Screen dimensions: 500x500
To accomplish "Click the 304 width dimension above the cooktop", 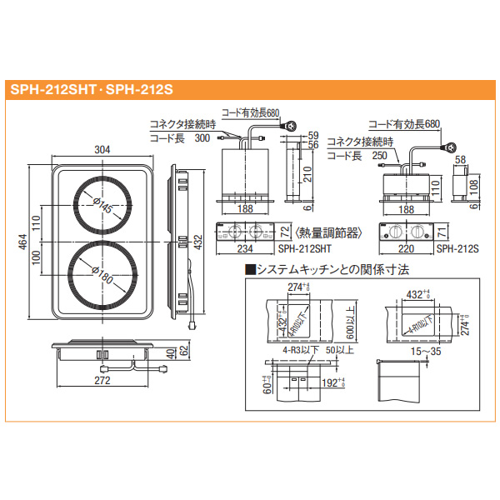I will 103,150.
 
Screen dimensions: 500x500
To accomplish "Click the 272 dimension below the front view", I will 102,381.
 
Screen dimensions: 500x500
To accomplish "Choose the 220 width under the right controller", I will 406,247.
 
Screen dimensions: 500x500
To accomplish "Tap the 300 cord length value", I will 202,139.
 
